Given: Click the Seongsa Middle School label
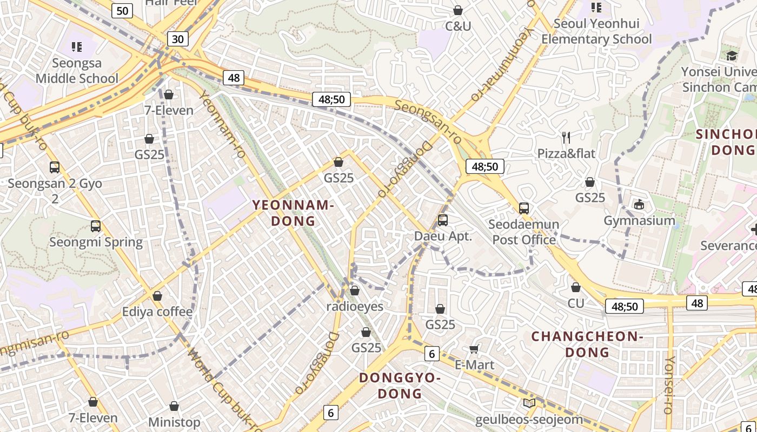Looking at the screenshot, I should tap(77, 71).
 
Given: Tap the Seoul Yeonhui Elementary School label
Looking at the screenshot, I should tap(596, 31).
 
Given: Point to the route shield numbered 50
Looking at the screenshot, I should tap(123, 10).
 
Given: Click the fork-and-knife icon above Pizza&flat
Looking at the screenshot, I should tap(566, 138).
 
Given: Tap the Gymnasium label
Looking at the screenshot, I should tap(639, 220).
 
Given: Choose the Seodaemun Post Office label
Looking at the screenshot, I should tap(523, 232).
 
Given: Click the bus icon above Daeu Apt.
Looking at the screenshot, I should tap(443, 220).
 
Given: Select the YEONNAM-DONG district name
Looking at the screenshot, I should tap(293, 213).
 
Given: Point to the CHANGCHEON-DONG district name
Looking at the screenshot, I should tap(587, 345).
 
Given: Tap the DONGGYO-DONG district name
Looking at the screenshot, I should tap(400, 385).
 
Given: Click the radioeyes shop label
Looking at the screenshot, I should tap(355, 306).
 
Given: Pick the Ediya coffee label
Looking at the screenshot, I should tap(157, 312).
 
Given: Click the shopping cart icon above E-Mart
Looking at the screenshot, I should tap(474, 349).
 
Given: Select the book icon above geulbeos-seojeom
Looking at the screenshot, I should tap(529, 403).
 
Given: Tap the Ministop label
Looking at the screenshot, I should tap(174, 422).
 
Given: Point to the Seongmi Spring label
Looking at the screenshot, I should tap(96, 242).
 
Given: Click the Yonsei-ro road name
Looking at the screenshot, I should tap(669, 384).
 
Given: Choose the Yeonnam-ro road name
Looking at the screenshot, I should tap(222, 124).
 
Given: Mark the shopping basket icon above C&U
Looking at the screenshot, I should tap(458, 10).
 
